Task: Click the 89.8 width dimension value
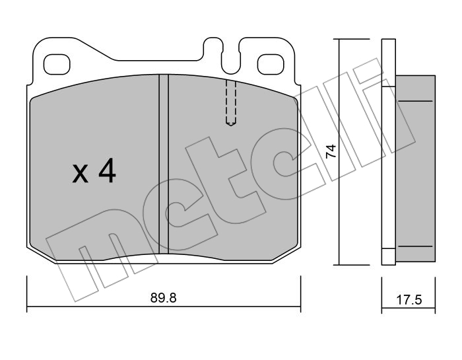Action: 163,298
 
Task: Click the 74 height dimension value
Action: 331,151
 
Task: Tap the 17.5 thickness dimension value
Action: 409,300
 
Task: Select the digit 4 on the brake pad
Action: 107,170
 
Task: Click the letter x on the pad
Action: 81,174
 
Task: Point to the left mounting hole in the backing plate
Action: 57,65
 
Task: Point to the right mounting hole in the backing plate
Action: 271,65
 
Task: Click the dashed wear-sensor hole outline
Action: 231,103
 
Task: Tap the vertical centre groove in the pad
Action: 164,164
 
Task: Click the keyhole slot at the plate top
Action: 231,56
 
